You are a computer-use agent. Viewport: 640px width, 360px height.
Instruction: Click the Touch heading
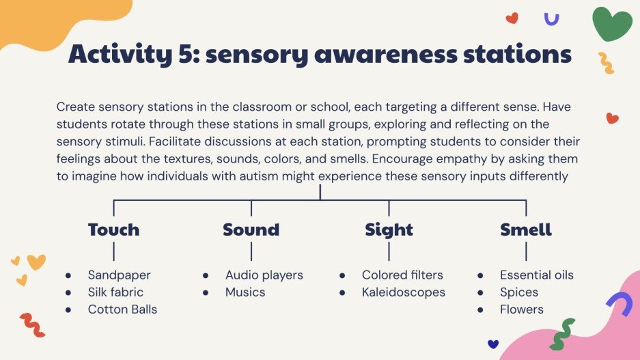pyautogui.click(x=113, y=230)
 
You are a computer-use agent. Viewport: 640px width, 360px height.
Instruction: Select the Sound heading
pyautogui.click(x=251, y=230)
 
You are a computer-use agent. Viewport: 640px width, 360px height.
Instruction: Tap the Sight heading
pyautogui.click(x=389, y=230)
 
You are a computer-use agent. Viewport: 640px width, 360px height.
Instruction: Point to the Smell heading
pyautogui.click(x=526, y=230)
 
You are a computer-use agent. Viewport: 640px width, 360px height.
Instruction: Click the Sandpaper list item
pyautogui.click(x=119, y=275)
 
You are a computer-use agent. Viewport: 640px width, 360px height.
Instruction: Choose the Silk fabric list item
pyautogui.click(x=115, y=292)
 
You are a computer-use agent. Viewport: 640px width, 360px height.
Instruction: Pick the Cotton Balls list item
pyautogui.click(x=122, y=309)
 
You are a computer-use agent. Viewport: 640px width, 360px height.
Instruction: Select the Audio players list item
pyautogui.click(x=264, y=275)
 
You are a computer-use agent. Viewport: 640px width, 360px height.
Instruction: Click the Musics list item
pyautogui.click(x=245, y=292)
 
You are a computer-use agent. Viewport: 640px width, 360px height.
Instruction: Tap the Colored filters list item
pyautogui.click(x=402, y=275)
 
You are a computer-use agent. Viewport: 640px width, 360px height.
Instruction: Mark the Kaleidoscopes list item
pyautogui.click(x=403, y=292)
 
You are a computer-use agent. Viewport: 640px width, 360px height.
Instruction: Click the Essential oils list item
pyautogui.click(x=536, y=275)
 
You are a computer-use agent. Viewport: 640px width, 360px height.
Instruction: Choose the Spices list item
pyautogui.click(x=519, y=292)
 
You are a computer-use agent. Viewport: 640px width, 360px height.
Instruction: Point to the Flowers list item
pyautogui.click(x=522, y=309)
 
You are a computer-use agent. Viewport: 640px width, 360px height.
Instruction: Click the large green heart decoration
pyautogui.click(x=612, y=23)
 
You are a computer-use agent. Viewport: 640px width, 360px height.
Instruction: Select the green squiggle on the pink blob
pyautogui.click(x=563, y=334)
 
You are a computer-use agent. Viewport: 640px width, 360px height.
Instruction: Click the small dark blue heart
pyautogui.click(x=493, y=344)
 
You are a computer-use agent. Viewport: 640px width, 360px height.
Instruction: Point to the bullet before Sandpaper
pyautogui.click(x=68, y=276)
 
